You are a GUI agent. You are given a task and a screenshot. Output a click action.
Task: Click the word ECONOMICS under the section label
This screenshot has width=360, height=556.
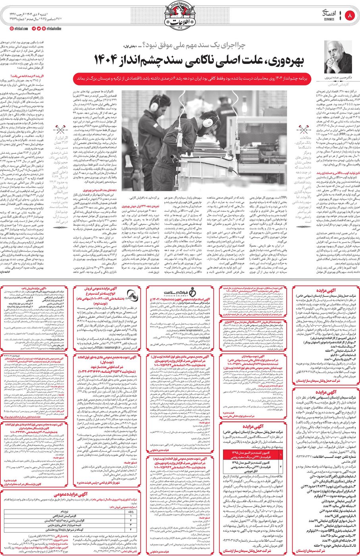point(329,19)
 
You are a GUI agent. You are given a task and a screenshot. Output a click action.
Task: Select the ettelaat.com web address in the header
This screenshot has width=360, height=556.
point(23,29)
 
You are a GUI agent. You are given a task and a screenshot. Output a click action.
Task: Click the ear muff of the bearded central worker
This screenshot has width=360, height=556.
point(205,121)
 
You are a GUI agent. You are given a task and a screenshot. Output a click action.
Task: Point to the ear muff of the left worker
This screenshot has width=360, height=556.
point(154,105)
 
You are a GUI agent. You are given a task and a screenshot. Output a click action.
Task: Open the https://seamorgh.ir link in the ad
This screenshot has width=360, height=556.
point(106,347)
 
